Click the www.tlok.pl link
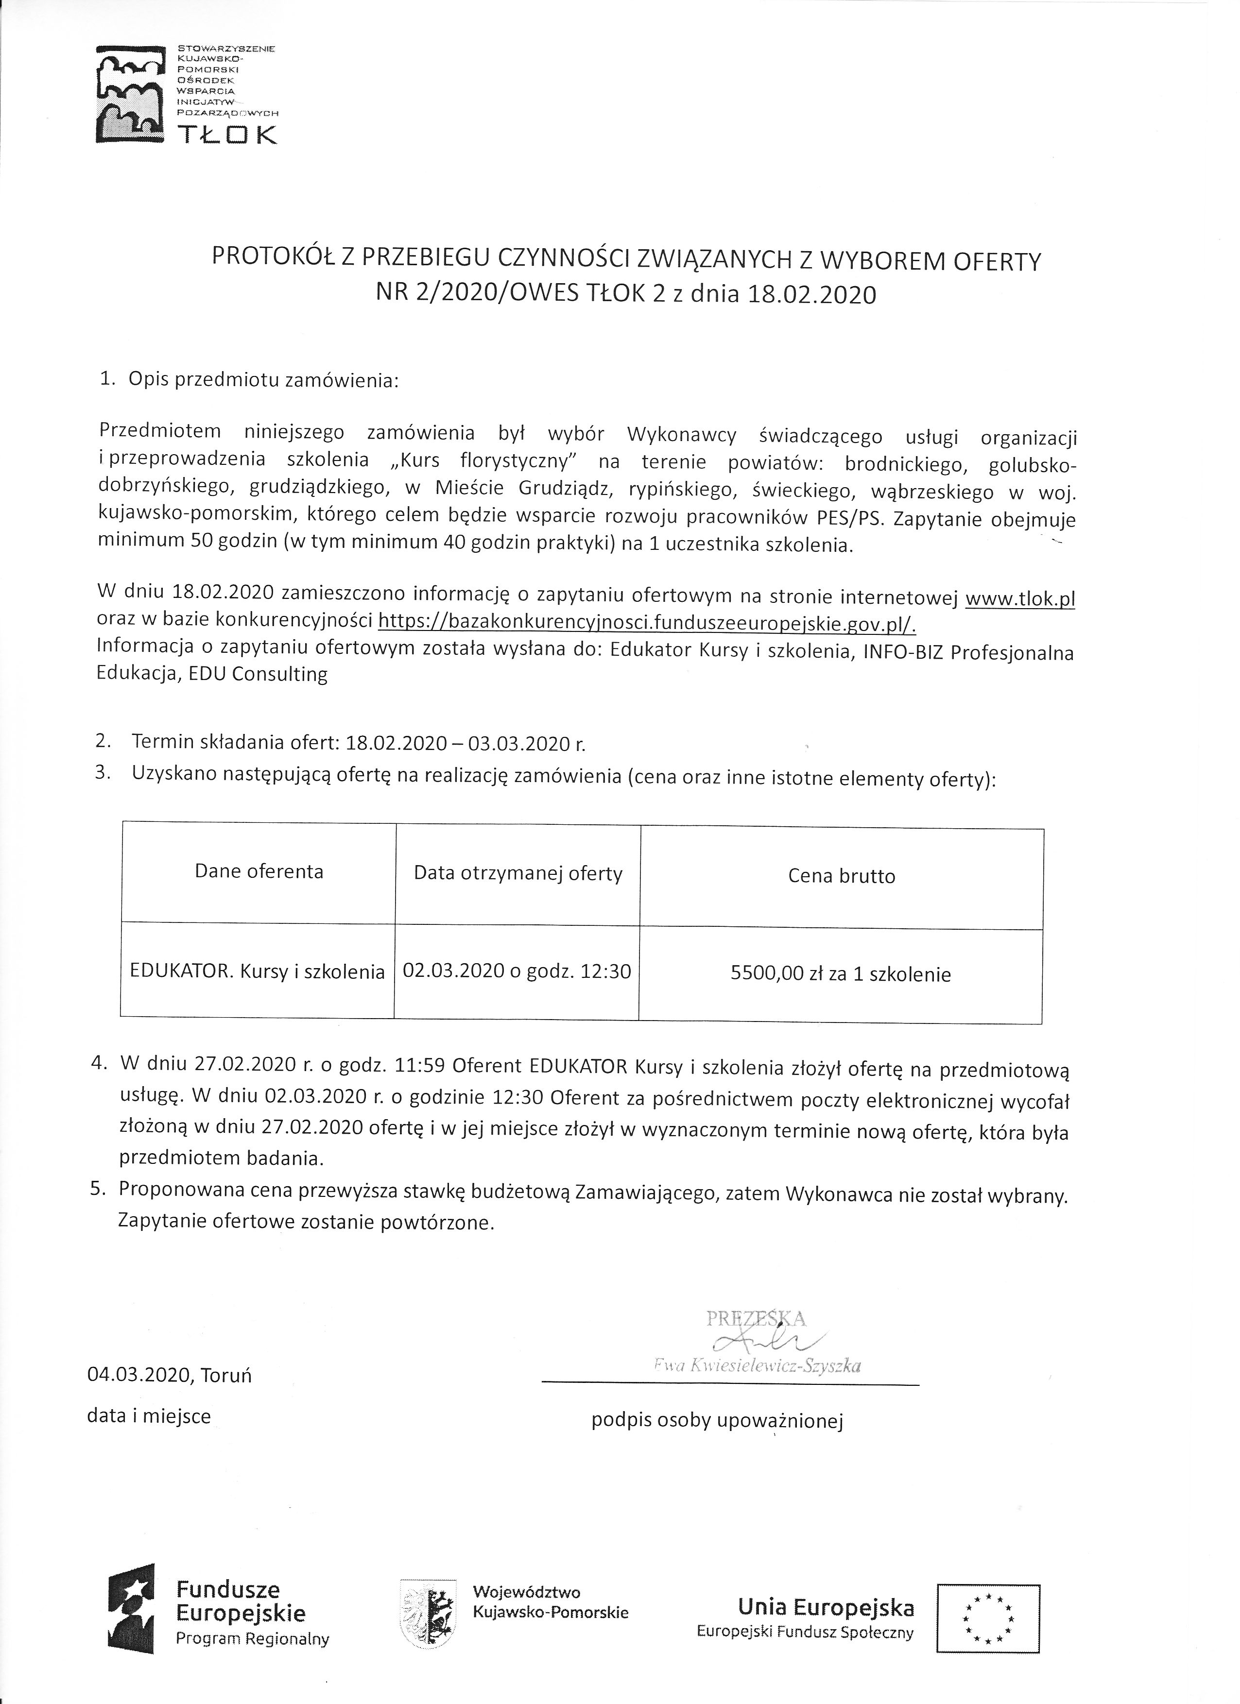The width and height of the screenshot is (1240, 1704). (x=1020, y=599)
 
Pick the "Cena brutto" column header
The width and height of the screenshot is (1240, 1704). (x=842, y=876)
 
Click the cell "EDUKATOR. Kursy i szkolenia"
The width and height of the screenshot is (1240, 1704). (x=257, y=971)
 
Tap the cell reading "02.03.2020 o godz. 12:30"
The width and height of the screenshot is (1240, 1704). (x=517, y=971)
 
